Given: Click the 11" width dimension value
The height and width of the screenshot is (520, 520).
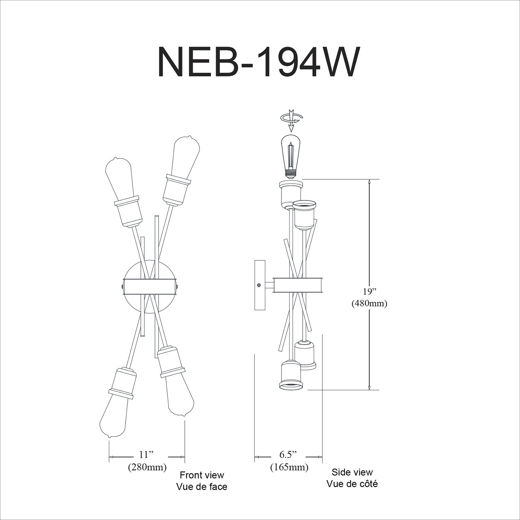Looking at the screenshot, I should pos(146,454).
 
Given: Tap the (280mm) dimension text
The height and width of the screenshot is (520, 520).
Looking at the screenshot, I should pos(147,467).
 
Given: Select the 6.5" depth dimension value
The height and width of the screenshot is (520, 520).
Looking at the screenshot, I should pos(288,454).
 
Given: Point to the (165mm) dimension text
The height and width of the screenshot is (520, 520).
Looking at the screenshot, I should pos(289,467).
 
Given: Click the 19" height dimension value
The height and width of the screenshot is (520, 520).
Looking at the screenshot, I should pos(369,291).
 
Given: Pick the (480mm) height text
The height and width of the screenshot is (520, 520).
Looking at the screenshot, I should pos(369,303).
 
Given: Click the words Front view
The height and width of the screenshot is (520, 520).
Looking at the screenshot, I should pos(201,475).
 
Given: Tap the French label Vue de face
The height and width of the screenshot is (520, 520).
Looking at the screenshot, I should pos(201,487).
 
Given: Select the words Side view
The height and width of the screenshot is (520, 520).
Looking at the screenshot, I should pos(352,472).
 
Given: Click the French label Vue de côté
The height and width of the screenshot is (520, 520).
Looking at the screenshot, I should pos(352,484).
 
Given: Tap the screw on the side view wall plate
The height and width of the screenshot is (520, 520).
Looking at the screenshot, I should pos(259,285).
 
